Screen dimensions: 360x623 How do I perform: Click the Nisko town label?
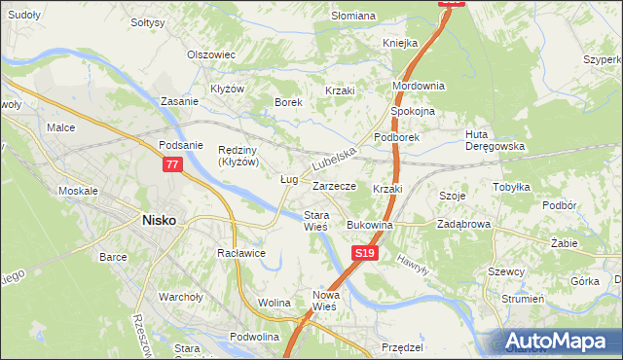point(159,220)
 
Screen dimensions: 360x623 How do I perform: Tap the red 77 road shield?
point(172,165)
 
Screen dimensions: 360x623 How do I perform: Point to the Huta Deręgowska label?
point(495,140)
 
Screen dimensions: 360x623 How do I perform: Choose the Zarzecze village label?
point(334,185)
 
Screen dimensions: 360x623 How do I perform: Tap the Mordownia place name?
point(418,86)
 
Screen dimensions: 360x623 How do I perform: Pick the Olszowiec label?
point(212,54)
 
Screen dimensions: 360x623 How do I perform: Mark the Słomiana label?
point(353,16)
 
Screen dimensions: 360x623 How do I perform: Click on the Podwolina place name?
point(256,337)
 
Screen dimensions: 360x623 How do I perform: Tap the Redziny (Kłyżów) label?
point(238,156)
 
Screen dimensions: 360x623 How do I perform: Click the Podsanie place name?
point(180,145)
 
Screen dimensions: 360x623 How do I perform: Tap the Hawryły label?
point(412,261)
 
